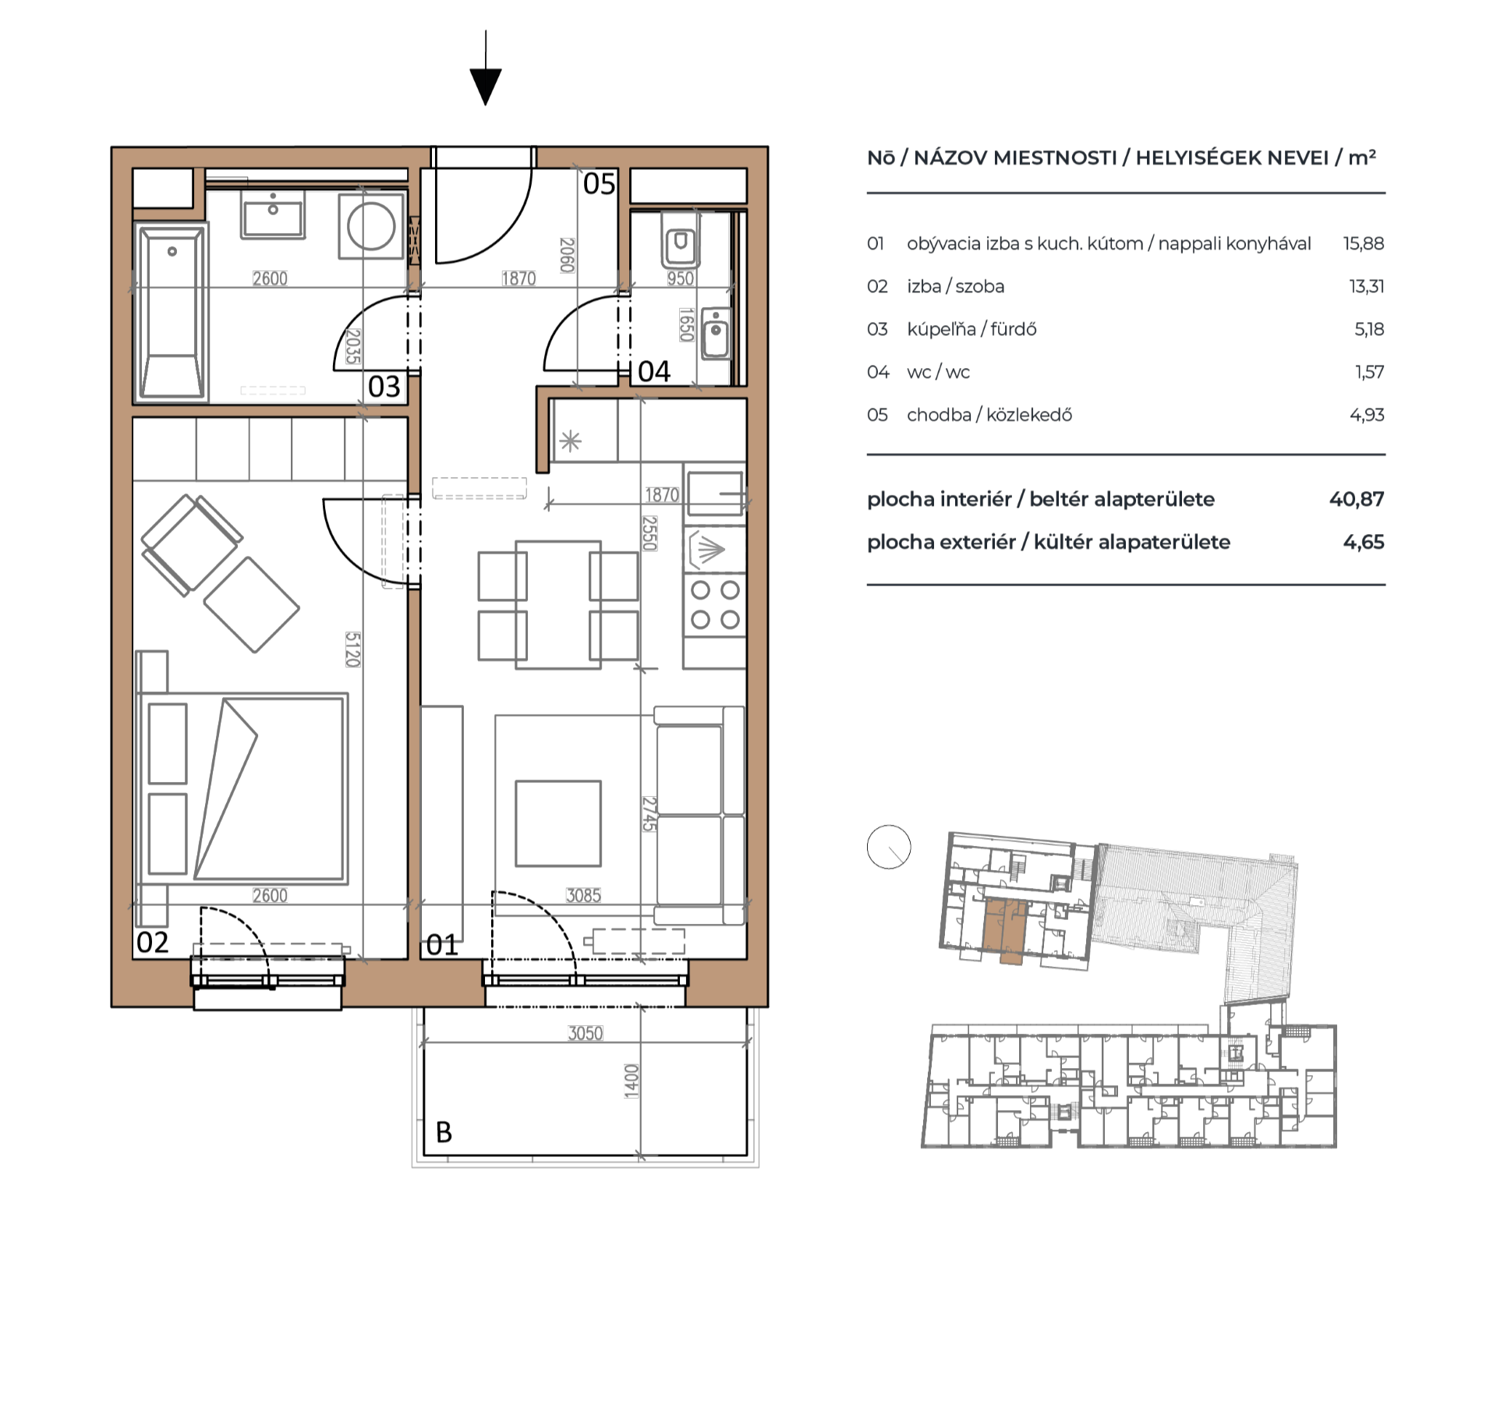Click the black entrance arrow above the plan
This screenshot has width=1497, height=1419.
click(x=485, y=69)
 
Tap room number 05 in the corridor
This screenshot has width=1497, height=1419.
click(x=599, y=184)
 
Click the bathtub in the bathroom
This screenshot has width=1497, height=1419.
click(x=172, y=312)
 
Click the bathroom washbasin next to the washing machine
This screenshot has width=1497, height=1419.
click(x=273, y=214)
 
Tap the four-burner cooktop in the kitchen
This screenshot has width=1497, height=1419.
click(x=715, y=605)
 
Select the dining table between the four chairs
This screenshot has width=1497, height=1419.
click(x=558, y=605)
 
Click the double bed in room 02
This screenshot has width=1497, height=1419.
click(x=242, y=787)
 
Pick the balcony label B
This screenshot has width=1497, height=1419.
click(x=444, y=1131)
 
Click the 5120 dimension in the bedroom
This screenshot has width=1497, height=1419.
click(x=352, y=649)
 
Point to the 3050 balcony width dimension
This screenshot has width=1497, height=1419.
click(x=585, y=1033)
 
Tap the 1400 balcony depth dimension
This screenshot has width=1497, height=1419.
click(x=632, y=1081)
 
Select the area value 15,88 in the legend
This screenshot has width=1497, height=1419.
click(x=1364, y=243)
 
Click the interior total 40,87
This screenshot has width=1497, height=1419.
click(x=1357, y=499)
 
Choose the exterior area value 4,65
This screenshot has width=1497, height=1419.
click(x=1364, y=542)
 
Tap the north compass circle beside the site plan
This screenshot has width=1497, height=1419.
click(x=889, y=848)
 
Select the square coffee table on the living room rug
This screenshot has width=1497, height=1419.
click(x=558, y=823)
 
